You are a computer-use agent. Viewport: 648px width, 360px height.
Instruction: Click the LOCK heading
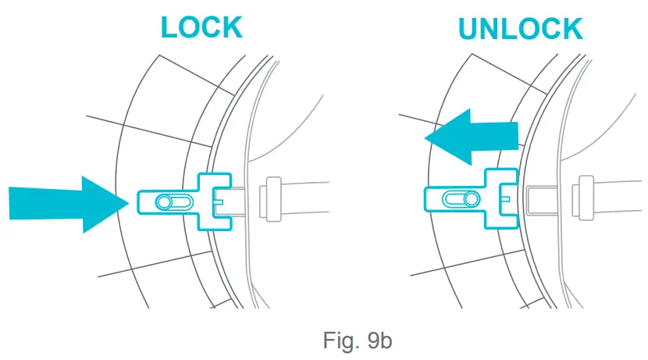pyautogui.click(x=201, y=27)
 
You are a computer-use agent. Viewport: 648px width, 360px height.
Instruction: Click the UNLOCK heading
pyautogui.click(x=520, y=29)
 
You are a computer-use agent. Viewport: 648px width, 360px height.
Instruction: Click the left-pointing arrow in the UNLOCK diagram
pyautogui.click(x=472, y=137)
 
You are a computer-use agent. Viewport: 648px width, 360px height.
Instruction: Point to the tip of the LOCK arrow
pyautogui.click(x=128, y=203)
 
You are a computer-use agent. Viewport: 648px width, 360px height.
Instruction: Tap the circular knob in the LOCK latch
pyautogui.click(x=164, y=202)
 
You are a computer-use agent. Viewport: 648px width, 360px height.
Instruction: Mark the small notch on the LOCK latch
pyautogui.click(x=219, y=201)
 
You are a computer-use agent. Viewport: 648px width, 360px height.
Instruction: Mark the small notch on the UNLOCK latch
pyautogui.click(x=506, y=198)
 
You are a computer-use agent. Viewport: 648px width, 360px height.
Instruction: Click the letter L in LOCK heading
pyautogui.click(x=171, y=27)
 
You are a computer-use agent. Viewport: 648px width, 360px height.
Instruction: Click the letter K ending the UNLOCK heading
pyautogui.click(x=570, y=29)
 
